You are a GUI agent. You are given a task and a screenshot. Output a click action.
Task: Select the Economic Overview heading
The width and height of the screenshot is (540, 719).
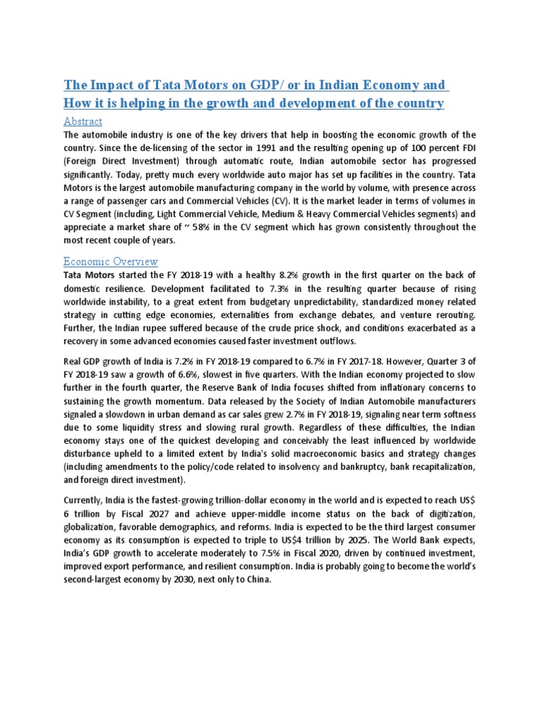pyautogui.click(x=110, y=261)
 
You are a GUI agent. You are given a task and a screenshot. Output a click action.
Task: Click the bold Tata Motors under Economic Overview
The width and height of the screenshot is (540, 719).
pyautogui.click(x=90, y=275)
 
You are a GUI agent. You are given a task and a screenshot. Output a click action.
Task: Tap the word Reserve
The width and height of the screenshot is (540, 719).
pyautogui.click(x=252, y=388)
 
